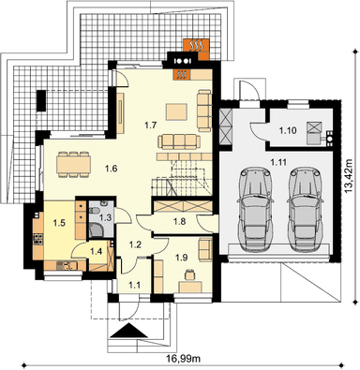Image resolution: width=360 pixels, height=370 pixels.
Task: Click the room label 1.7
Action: (150, 126)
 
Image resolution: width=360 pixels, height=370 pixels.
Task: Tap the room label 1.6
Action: (111, 169)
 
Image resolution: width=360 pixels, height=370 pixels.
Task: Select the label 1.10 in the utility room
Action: (288, 130)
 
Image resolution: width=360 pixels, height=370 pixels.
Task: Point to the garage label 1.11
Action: (278, 162)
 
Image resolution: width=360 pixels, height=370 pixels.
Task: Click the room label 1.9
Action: (181, 257)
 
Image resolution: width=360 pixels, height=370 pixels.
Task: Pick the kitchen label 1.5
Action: (59, 223)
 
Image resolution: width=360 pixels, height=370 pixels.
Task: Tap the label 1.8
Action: (179, 221)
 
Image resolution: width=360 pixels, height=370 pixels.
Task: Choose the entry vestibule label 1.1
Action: (134, 284)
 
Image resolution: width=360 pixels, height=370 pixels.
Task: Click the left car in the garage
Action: (255, 209)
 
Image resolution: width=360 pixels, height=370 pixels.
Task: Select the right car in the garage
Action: (306, 209)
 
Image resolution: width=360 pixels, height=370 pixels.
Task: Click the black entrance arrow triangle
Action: (129, 331)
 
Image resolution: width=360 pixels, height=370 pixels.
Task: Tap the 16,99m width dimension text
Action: (184, 359)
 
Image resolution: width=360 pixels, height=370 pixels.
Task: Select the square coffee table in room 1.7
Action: (176, 111)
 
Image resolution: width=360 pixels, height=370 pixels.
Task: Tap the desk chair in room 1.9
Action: (189, 274)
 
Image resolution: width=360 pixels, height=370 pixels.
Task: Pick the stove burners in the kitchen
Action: (38, 239)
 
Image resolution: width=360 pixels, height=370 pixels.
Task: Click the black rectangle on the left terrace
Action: (41, 100)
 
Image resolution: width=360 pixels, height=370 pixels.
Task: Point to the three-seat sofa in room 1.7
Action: (179, 141)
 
